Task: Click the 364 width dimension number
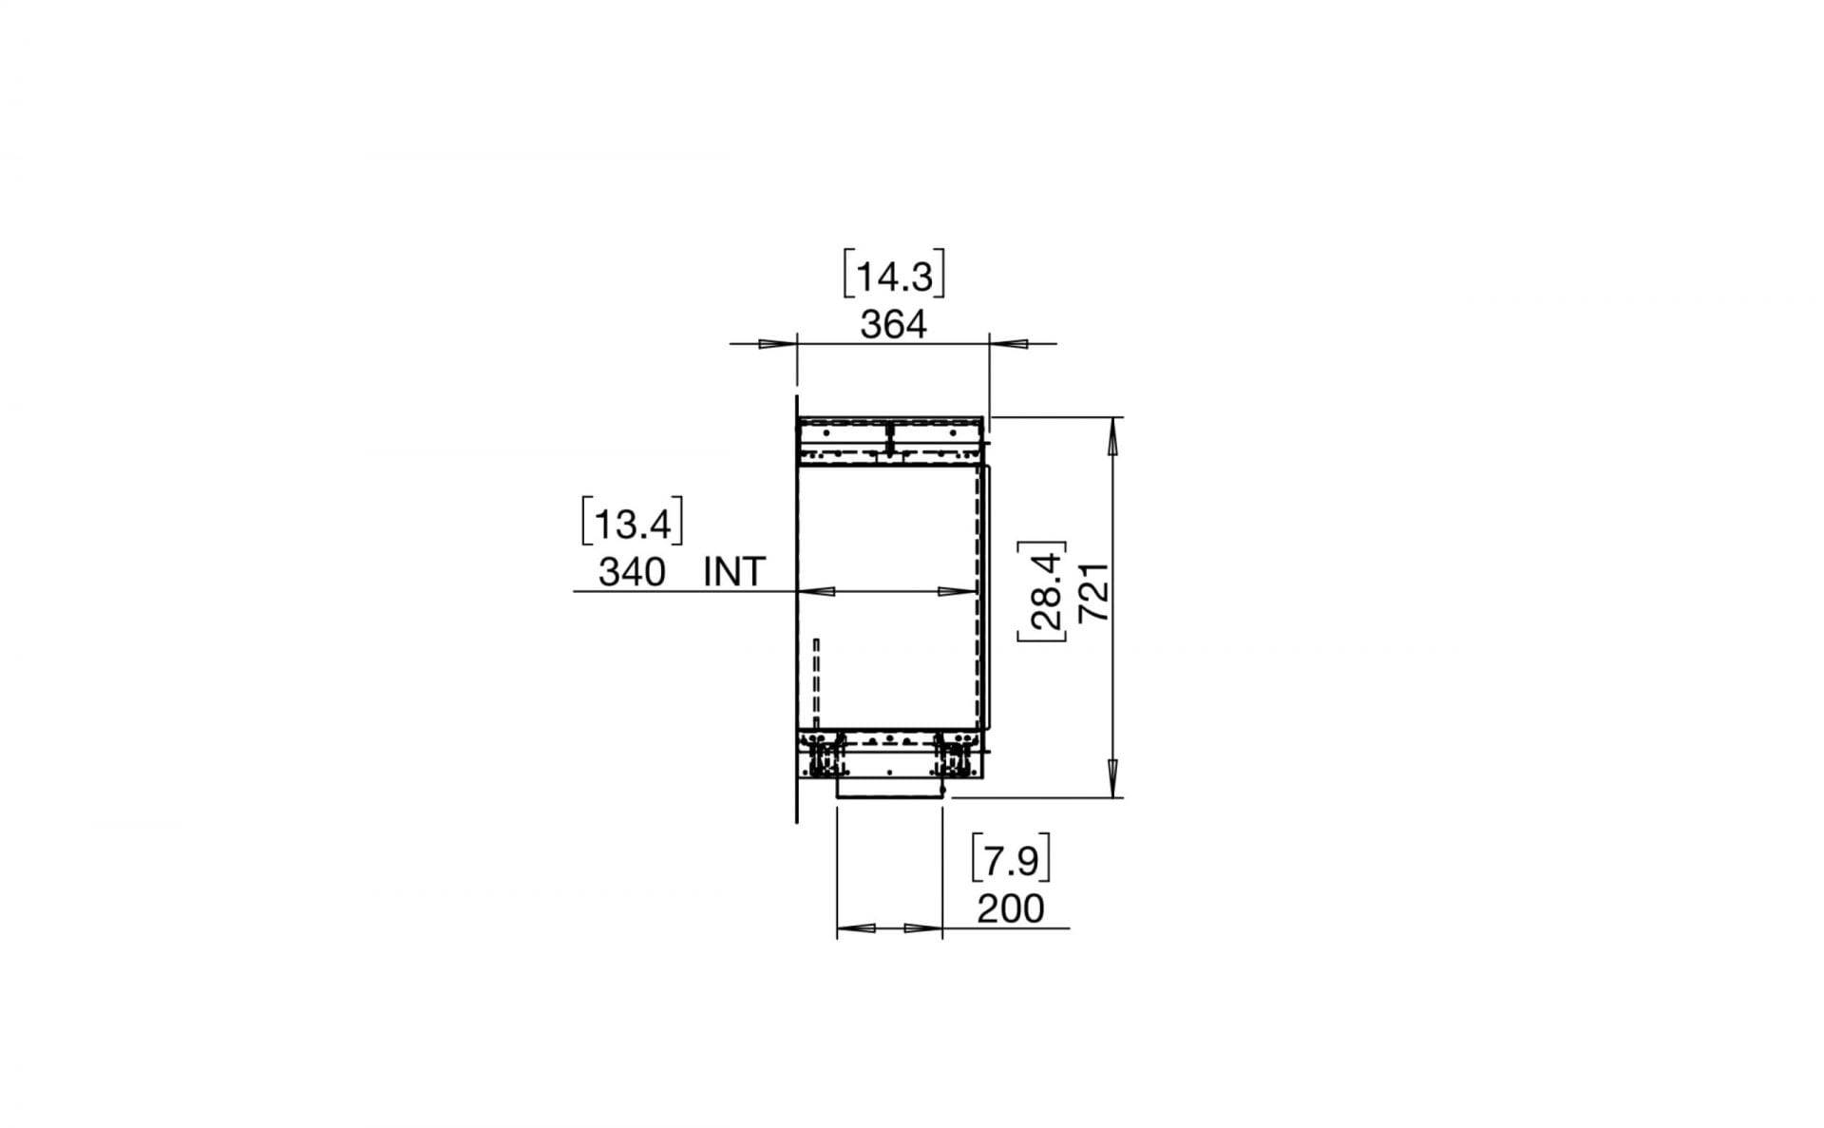point(892,325)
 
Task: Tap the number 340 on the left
point(632,572)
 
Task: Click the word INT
point(734,572)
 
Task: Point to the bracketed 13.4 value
point(632,524)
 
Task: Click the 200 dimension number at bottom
point(1010,909)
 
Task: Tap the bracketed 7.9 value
point(1011,861)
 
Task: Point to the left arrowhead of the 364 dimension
point(777,343)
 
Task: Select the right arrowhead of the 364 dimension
point(1009,343)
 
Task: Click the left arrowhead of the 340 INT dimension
point(817,591)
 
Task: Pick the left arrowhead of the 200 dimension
point(855,927)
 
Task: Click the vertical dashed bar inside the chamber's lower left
point(816,678)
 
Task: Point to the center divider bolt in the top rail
point(890,441)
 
